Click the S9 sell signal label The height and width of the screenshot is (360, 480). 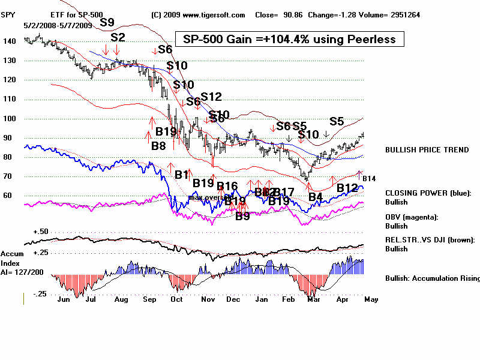click(107, 22)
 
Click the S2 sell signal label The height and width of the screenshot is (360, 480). click(118, 37)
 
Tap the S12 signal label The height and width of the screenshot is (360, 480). click(211, 97)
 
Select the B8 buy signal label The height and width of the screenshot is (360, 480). click(158, 145)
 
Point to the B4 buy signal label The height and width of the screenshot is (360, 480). click(316, 196)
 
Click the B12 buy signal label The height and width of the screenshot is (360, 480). click(347, 188)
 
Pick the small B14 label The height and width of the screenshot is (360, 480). click(368, 179)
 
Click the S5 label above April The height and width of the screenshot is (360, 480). click(337, 121)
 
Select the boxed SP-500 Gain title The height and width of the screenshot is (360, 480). click(289, 39)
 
